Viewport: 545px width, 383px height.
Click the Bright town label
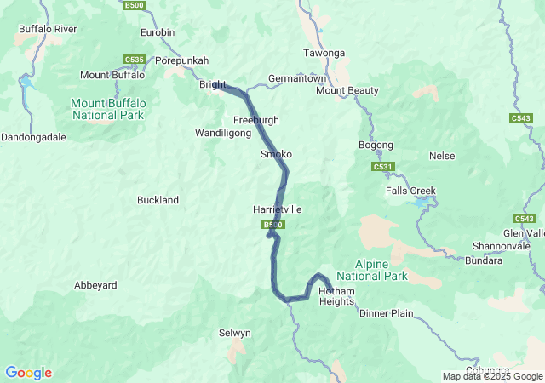click(212, 85)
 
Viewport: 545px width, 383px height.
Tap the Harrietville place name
click(277, 209)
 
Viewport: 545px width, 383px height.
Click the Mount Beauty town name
click(347, 90)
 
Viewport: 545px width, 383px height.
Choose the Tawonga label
click(324, 54)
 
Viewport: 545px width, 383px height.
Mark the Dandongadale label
click(33, 136)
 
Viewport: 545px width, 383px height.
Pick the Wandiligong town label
click(223, 134)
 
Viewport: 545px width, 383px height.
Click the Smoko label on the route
click(276, 154)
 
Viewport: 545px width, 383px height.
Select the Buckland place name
click(158, 200)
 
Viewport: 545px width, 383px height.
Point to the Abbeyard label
click(95, 285)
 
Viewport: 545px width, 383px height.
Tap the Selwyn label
click(235, 333)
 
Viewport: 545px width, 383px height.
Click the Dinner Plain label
click(386, 313)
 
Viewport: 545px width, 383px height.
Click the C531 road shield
click(382, 167)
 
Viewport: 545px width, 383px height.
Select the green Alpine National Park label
click(371, 271)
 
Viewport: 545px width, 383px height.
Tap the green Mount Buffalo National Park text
click(108, 108)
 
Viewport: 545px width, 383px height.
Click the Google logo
click(28, 373)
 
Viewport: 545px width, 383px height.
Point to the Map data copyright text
click(492, 376)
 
